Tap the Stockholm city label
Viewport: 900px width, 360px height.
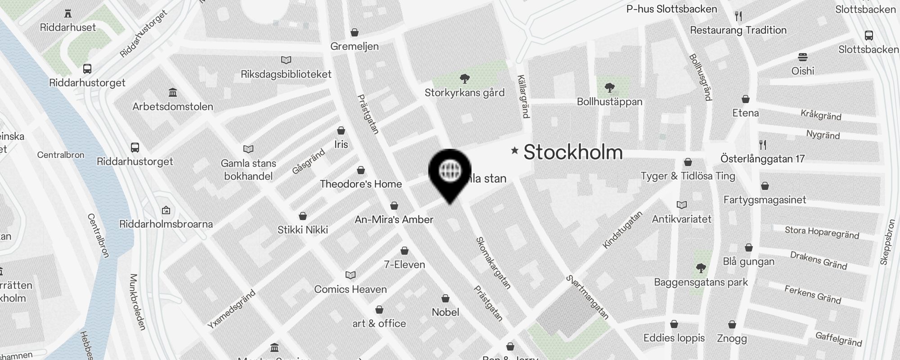[573, 152]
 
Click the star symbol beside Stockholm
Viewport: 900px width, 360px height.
[514, 150]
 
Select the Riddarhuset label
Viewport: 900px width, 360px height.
[68, 27]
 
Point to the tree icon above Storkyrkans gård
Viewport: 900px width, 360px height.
[465, 79]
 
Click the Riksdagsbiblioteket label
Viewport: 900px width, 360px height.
[286, 74]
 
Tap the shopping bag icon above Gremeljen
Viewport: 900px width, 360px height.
[355, 32]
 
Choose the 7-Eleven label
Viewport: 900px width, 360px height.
[405, 265]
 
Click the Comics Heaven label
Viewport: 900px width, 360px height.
[351, 289]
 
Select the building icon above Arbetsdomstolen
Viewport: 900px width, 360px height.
[172, 93]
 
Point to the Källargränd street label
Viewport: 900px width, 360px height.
[523, 96]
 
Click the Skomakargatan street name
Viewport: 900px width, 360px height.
[493, 263]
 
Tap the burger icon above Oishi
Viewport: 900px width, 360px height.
[803, 57]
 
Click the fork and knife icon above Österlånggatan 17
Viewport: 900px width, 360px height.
[762, 145]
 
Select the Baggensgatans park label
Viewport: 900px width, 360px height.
[701, 283]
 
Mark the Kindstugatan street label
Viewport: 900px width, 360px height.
[623, 229]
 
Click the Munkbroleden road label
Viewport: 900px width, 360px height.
[138, 302]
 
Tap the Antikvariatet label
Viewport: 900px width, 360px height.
[682, 219]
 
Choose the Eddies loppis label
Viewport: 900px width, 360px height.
[674, 338]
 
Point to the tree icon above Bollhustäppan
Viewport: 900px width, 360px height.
[610, 87]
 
